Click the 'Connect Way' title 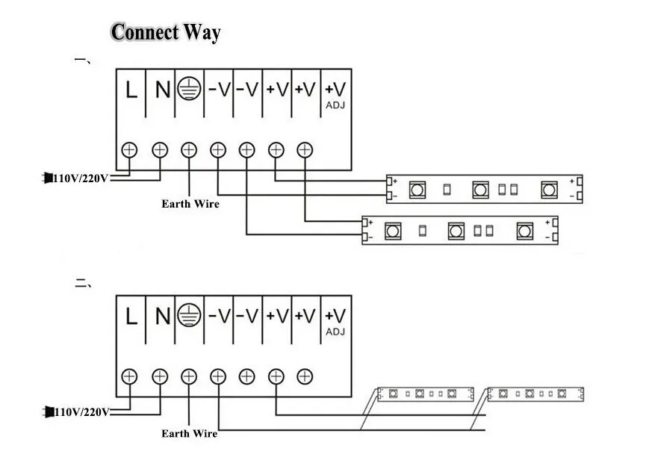click(x=166, y=32)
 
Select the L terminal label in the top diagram click(x=131, y=90)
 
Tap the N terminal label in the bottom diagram click(x=162, y=317)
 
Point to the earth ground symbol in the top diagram click(x=190, y=90)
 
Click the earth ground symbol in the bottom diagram click(x=190, y=317)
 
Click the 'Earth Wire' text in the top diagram click(x=190, y=203)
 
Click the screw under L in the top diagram click(x=130, y=149)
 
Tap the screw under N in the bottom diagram click(x=159, y=376)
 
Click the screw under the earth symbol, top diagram click(x=189, y=149)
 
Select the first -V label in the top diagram click(x=219, y=90)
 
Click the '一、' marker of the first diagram click(x=83, y=59)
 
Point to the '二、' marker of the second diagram click(x=83, y=283)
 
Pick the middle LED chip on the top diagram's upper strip click(x=479, y=190)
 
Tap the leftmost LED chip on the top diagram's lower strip click(x=391, y=231)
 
